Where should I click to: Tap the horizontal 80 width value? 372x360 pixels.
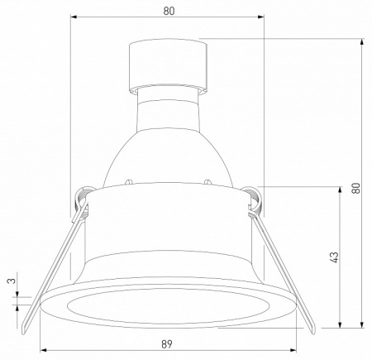coord(169,11)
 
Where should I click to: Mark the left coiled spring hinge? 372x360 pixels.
coord(82,199)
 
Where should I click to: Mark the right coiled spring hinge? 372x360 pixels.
coord(255,199)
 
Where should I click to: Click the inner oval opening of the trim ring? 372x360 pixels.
coord(169,306)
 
